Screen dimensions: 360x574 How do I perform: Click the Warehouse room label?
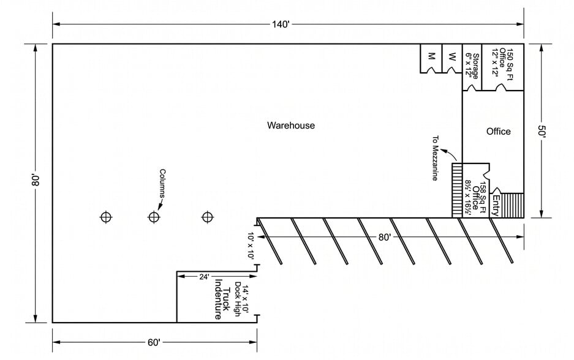click(x=290, y=126)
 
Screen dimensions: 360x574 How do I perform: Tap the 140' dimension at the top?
click(x=281, y=24)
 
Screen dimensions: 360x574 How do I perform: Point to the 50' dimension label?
click(x=542, y=131)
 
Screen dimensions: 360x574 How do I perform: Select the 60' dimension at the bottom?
click(x=153, y=342)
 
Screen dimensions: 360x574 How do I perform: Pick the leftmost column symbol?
click(x=106, y=217)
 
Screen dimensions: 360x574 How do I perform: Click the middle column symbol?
click(x=154, y=217)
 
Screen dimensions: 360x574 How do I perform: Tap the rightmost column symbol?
click(x=208, y=217)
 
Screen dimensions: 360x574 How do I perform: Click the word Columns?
click(x=162, y=183)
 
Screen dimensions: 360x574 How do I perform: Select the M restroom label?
click(x=431, y=56)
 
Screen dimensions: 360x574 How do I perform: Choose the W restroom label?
click(x=452, y=56)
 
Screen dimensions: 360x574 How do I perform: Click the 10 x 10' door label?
click(x=251, y=247)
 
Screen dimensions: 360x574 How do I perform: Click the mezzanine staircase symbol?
click(x=457, y=189)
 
